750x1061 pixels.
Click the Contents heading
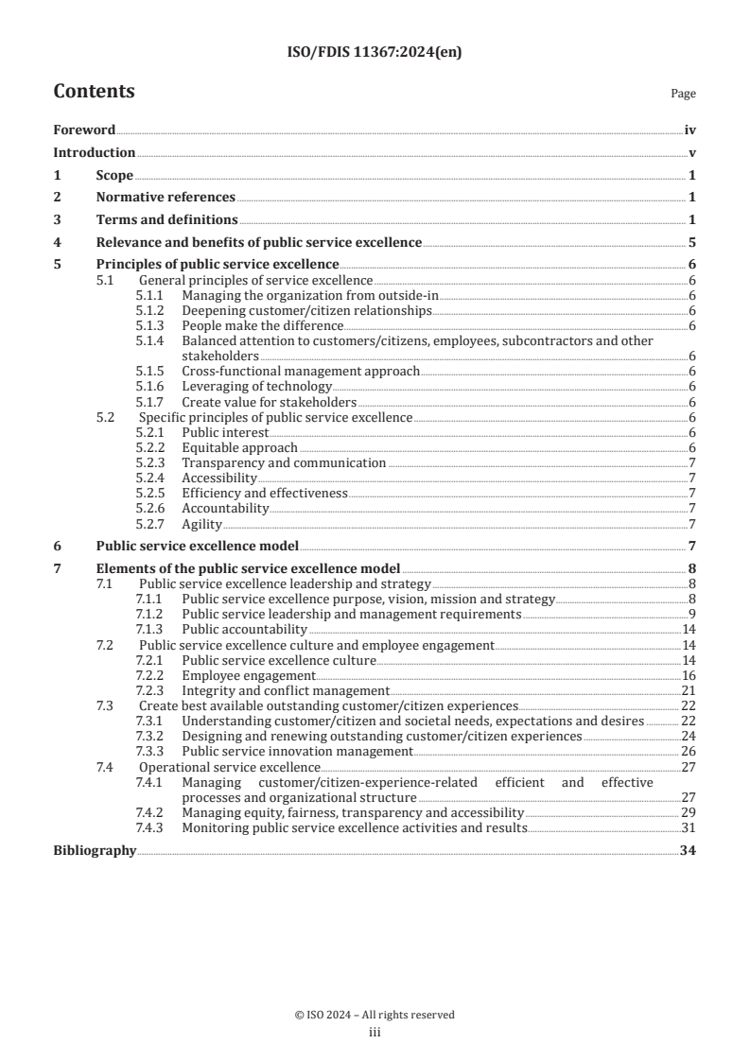(x=94, y=92)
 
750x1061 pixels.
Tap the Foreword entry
(x=84, y=130)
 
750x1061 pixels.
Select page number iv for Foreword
(x=689, y=130)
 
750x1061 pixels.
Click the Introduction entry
(x=94, y=152)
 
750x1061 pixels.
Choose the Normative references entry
(x=166, y=198)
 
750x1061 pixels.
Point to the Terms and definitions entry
(x=166, y=220)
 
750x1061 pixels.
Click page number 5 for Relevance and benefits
(x=692, y=243)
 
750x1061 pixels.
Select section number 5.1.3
(x=150, y=326)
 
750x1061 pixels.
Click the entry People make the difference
(x=250, y=326)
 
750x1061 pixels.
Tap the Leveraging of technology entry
(x=255, y=386)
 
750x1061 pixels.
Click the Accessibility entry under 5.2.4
(x=218, y=478)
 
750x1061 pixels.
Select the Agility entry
(x=201, y=524)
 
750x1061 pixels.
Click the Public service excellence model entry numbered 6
(x=198, y=546)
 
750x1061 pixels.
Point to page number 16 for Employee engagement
(x=689, y=676)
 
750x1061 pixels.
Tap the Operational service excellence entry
(x=230, y=767)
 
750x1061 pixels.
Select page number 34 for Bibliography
(x=688, y=851)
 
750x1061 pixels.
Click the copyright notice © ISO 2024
(x=375, y=1015)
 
